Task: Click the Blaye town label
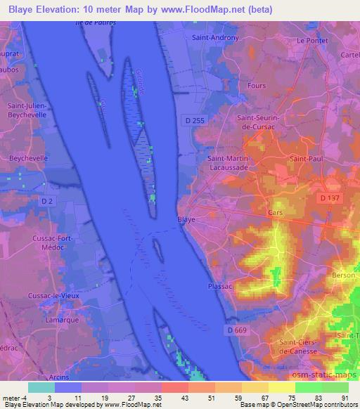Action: pyautogui.click(x=186, y=219)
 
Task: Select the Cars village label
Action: pyautogui.click(x=276, y=212)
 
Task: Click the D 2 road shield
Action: pyautogui.click(x=47, y=202)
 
